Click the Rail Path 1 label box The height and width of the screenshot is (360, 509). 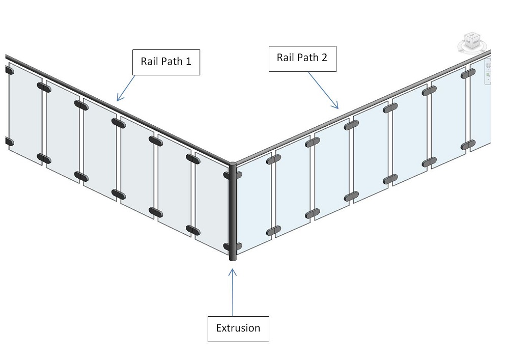coord(166,62)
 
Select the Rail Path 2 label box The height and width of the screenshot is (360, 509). coord(302,58)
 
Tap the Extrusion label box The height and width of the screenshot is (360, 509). coord(238,328)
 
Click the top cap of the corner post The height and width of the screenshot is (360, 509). coord(232,164)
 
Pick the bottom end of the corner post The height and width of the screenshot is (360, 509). coord(232,258)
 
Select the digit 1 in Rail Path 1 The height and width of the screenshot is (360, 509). coord(188,62)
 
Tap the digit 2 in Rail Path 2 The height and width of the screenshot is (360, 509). coord(324,58)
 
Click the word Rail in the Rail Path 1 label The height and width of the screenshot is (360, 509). coord(149,62)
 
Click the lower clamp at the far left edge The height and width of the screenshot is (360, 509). coord(8,142)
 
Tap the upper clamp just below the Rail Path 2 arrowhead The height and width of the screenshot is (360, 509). coord(351,124)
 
